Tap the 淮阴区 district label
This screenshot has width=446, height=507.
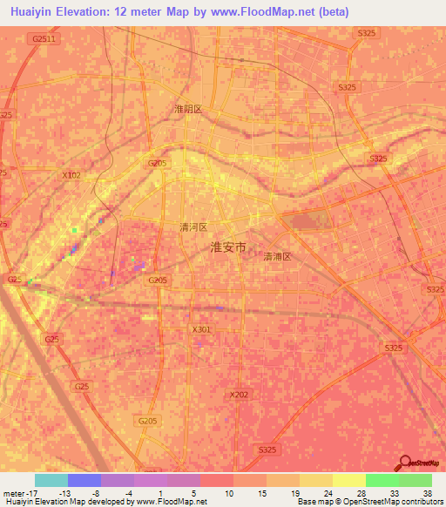188,109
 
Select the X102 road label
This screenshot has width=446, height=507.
71,175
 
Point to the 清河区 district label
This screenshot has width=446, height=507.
193,226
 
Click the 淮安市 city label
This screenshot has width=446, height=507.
229,247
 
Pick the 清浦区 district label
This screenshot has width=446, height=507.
277,257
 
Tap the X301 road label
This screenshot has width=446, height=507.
200,329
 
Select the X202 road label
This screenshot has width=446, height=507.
239,395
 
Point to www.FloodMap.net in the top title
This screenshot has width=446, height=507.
273,10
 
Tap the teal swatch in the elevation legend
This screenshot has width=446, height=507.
51,480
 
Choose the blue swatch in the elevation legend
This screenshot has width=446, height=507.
84,480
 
